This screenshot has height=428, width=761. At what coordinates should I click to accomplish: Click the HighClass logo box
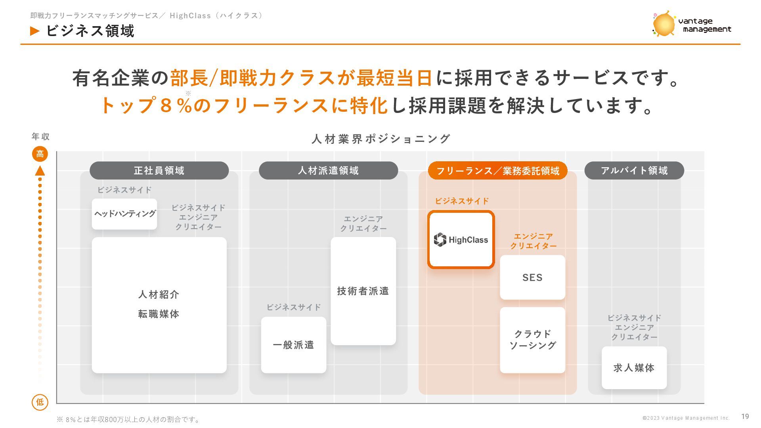click(461, 240)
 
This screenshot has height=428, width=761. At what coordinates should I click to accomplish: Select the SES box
click(532, 277)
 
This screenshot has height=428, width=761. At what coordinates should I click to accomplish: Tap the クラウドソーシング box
click(532, 340)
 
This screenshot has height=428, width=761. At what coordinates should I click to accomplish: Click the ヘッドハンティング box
click(124, 214)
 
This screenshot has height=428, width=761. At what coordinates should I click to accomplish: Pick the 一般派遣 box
click(293, 345)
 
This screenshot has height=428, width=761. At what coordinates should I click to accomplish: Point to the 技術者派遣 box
click(363, 291)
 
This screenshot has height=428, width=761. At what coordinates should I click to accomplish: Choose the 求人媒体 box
click(634, 368)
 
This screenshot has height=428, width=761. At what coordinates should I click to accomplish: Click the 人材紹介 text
click(159, 294)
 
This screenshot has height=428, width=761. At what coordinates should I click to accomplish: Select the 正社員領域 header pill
click(159, 170)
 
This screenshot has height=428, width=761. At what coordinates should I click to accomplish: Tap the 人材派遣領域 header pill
click(328, 170)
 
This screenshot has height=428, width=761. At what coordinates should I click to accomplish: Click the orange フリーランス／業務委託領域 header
click(497, 171)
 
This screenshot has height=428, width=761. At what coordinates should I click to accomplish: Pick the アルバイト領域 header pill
click(634, 170)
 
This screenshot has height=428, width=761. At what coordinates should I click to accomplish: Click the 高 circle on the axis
click(40, 154)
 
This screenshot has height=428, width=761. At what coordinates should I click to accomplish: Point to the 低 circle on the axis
click(40, 402)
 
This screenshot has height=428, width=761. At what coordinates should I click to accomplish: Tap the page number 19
click(745, 417)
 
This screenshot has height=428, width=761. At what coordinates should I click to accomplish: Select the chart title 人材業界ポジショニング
click(380, 139)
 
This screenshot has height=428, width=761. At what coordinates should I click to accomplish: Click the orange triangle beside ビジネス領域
click(35, 31)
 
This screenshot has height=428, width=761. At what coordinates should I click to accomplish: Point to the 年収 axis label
click(40, 137)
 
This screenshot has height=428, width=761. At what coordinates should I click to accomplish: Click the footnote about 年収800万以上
click(129, 419)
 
